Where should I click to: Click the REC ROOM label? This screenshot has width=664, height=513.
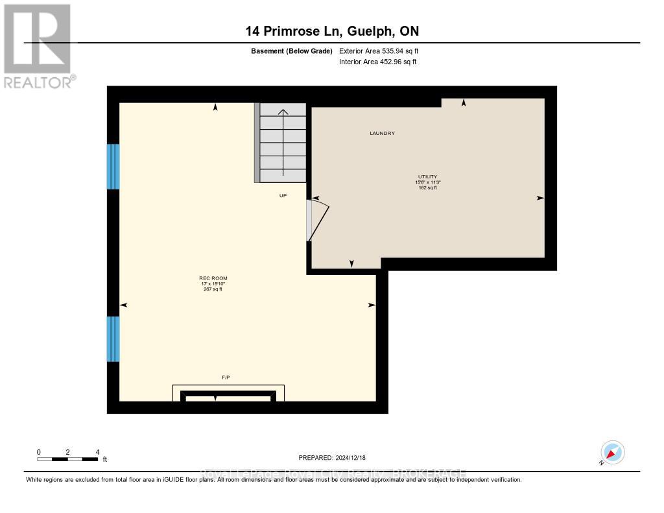coord(213,278)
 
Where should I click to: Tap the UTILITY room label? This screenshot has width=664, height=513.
coord(427,176)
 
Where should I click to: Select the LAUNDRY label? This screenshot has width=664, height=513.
coord(382,133)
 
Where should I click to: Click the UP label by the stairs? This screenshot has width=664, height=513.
coord(283,195)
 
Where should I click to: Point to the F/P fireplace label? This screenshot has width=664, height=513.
coord(225,377)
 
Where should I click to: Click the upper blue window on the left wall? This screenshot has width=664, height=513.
coord(113,167)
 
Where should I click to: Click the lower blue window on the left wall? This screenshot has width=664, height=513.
coord(113,339)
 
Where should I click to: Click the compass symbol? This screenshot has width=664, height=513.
coord(612,452)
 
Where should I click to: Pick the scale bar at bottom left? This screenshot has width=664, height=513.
coord(67,459)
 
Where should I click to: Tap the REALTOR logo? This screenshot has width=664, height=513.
coord(38,45)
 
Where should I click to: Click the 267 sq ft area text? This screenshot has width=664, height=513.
coord(213,289)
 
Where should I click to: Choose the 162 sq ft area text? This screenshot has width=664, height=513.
coord(427,188)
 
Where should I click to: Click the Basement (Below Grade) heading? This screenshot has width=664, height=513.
coord(291,51)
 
